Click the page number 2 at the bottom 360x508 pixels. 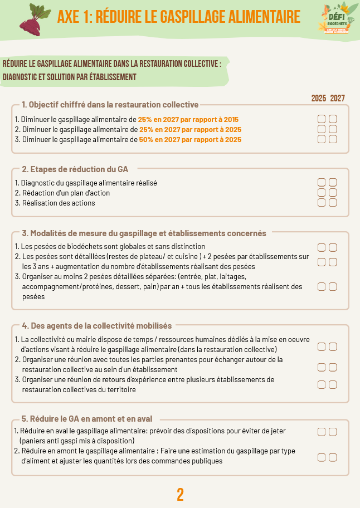pos(180,494)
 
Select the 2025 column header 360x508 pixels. pos(319,98)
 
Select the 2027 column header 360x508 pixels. pos(337,98)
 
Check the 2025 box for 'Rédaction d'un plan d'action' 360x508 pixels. pos(322,193)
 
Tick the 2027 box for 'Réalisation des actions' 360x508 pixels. pos(333,203)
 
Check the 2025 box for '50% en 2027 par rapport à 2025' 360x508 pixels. pos(322,139)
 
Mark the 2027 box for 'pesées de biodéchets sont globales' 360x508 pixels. pos(333,247)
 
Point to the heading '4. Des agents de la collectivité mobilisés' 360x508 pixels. pos(96,325)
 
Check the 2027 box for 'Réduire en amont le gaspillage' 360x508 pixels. pos(333,457)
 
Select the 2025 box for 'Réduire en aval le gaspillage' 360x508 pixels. pos(322,432)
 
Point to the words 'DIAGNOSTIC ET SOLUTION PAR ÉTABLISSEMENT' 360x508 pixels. pos(70,77)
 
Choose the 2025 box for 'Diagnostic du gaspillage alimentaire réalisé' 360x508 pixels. pos(322,183)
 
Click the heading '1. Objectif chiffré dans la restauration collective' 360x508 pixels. pos(110,105)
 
